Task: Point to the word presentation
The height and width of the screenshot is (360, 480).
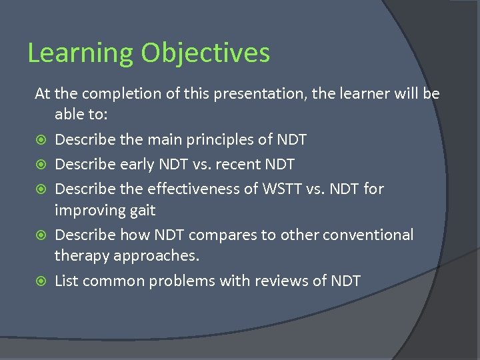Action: pos(252,93)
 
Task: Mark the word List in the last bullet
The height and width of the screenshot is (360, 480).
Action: pos(65,281)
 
